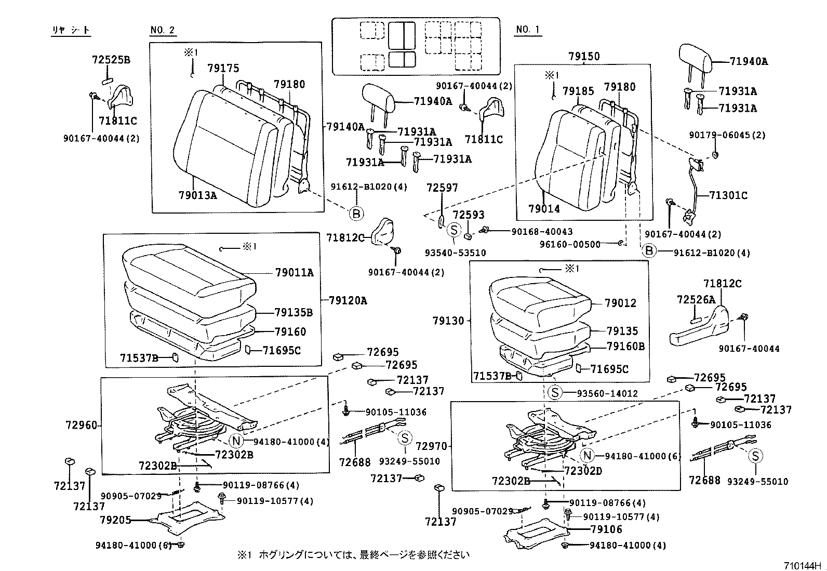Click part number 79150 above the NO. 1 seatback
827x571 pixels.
pos(584,56)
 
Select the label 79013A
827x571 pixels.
pos(197,196)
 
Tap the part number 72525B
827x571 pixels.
pos(111,60)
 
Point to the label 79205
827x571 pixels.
pos(115,519)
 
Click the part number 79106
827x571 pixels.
pos(606,529)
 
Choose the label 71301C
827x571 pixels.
pos(728,195)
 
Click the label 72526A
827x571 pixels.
pos(696,300)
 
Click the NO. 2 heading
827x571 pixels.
pos(163,30)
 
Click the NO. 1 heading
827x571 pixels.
pos(528,30)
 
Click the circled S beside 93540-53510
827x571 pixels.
pos(453,230)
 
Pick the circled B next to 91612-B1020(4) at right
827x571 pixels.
pos(649,251)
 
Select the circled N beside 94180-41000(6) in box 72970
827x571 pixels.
pos(587,456)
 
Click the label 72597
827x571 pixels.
pos(442,188)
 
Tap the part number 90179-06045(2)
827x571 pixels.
pos(727,135)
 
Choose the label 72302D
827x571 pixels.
pos(583,471)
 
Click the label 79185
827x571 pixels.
pos(578,92)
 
